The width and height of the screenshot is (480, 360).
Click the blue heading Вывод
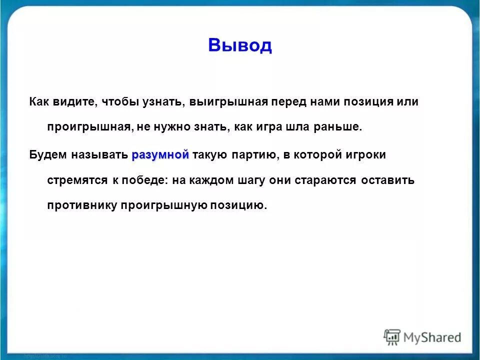[x=240, y=45]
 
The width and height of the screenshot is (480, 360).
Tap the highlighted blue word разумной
[x=160, y=155]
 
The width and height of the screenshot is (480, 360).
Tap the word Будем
[x=48, y=155]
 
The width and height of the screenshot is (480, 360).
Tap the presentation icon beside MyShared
[x=392, y=337]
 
